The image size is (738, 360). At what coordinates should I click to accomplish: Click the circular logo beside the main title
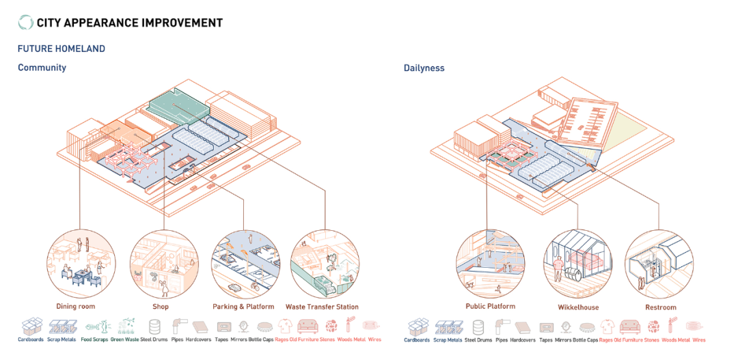25,23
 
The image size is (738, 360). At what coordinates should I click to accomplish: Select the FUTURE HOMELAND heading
61,49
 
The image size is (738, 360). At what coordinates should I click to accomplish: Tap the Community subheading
42,68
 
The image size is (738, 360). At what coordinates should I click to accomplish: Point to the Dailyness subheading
424,68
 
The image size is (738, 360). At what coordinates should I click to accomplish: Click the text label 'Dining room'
76,307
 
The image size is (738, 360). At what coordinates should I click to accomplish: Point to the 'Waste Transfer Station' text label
322,307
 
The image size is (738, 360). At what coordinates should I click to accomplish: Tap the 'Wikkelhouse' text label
578,307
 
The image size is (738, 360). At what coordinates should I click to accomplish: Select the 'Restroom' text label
661,307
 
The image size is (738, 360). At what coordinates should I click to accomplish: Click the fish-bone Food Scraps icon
95,326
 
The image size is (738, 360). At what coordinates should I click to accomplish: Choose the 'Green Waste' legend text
126,340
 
